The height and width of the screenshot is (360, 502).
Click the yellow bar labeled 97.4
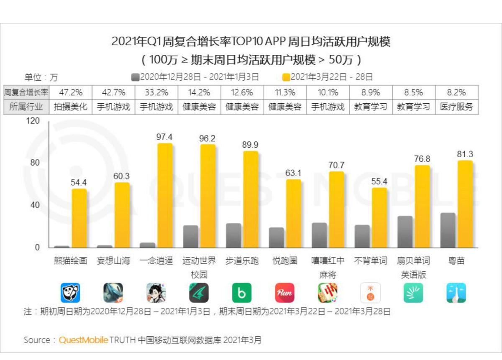click(165, 195)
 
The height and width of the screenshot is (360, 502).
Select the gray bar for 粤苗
click(448, 230)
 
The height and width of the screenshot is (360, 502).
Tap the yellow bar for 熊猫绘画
click(79, 218)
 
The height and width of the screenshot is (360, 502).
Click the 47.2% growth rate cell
click(70, 92)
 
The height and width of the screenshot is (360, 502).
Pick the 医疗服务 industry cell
click(456, 107)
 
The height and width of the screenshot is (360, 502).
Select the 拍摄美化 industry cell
click(70, 107)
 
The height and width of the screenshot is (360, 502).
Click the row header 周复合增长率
click(26, 92)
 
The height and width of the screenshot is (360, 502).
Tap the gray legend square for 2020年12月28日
click(135, 77)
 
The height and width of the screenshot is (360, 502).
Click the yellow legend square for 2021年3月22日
click(286, 77)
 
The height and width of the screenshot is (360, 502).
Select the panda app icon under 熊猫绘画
click(70, 293)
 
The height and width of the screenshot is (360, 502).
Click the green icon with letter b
click(242, 293)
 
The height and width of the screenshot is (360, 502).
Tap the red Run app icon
click(284, 293)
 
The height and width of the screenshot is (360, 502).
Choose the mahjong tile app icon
click(328, 293)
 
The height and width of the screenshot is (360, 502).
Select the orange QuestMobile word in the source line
click(83, 340)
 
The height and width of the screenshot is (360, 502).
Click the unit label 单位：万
click(41, 77)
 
